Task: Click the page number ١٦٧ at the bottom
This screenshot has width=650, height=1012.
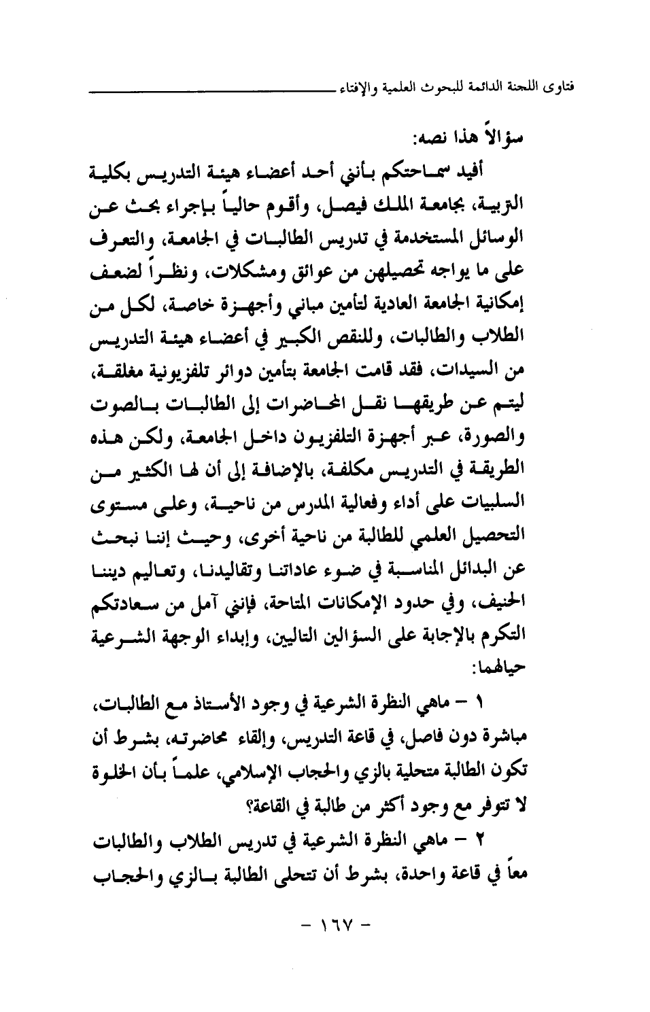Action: click(x=329, y=924)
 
